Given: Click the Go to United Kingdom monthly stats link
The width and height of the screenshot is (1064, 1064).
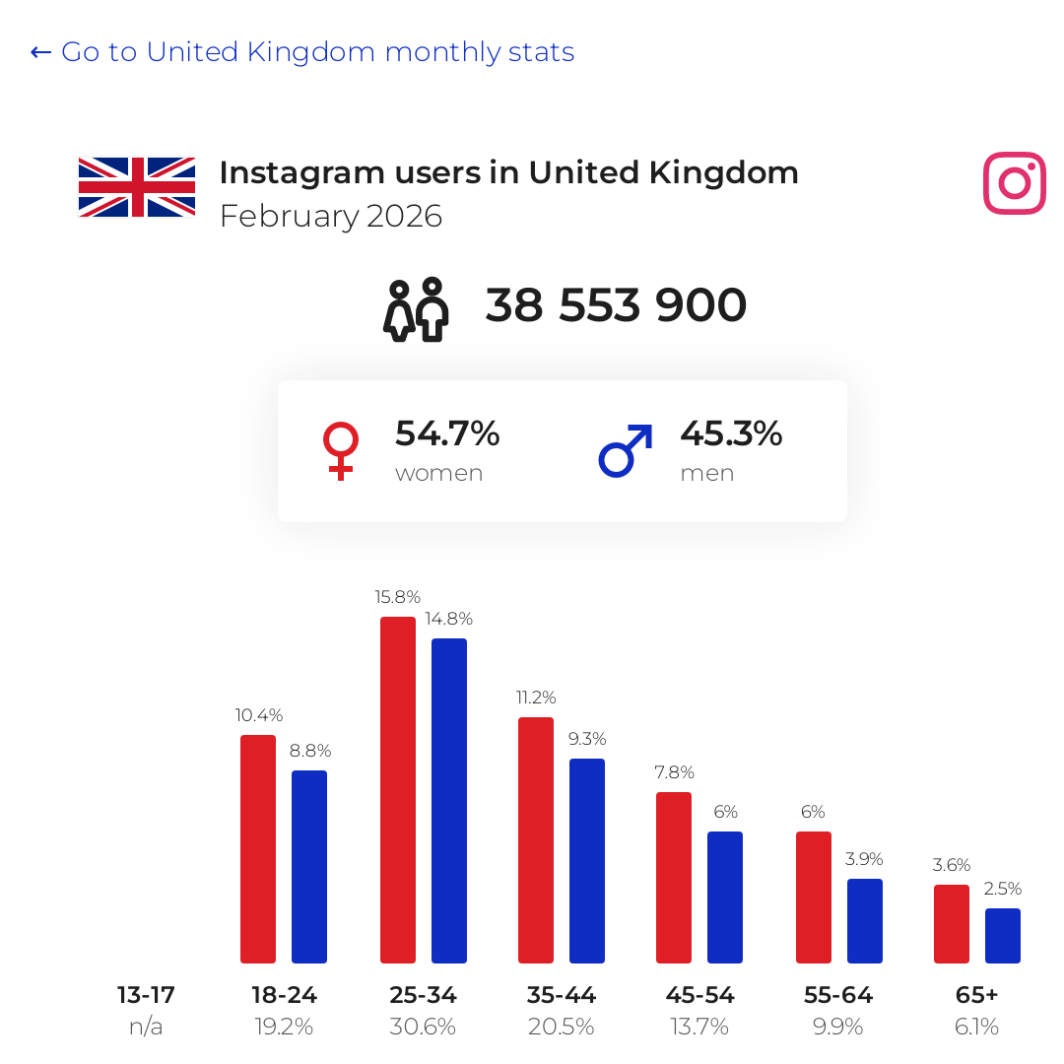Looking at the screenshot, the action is (x=302, y=52).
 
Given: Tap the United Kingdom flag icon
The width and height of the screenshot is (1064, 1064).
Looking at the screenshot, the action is (x=137, y=187).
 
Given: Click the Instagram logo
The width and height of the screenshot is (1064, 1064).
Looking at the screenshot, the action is (x=1015, y=183).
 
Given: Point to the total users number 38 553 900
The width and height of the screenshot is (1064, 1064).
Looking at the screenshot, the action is (x=616, y=304).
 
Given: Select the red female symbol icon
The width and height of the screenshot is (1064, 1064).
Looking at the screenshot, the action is (x=341, y=451).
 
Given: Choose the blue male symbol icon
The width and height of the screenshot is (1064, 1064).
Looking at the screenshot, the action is (x=626, y=451).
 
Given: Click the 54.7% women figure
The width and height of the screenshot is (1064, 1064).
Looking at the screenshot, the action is (x=447, y=433).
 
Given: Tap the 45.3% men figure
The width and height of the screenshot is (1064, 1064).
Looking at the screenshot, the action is (x=731, y=433).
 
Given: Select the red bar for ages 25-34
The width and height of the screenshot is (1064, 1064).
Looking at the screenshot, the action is (x=398, y=790).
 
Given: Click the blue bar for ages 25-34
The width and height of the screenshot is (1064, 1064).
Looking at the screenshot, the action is (x=449, y=801).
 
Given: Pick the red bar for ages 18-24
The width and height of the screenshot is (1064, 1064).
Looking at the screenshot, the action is (x=258, y=849).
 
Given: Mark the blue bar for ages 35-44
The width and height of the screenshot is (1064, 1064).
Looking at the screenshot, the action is (x=587, y=861).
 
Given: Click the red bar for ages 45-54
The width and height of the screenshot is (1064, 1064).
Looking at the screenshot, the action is (x=674, y=878).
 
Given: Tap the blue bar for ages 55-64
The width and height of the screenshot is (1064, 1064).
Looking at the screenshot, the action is (x=865, y=921).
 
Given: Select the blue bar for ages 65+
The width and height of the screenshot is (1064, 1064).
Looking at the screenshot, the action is (x=1003, y=936).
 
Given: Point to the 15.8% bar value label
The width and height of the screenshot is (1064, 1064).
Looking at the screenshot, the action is (x=398, y=597).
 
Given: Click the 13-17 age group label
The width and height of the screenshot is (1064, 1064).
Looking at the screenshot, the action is (x=146, y=995).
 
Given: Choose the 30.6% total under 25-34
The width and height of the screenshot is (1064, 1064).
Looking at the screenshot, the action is (x=423, y=1027).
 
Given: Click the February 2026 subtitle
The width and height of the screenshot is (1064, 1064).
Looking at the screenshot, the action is (x=331, y=217).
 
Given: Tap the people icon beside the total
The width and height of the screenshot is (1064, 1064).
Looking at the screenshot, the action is (x=416, y=309).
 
